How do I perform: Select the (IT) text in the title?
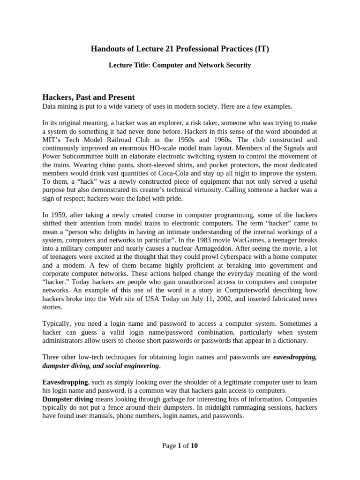[262, 49]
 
